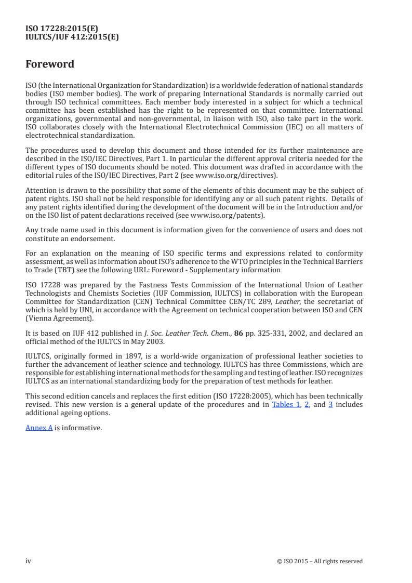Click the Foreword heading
(x=50, y=64)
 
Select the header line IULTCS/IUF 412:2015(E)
(x=72, y=37)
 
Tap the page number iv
(x=29, y=561)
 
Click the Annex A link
(x=39, y=429)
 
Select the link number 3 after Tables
(x=330, y=404)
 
